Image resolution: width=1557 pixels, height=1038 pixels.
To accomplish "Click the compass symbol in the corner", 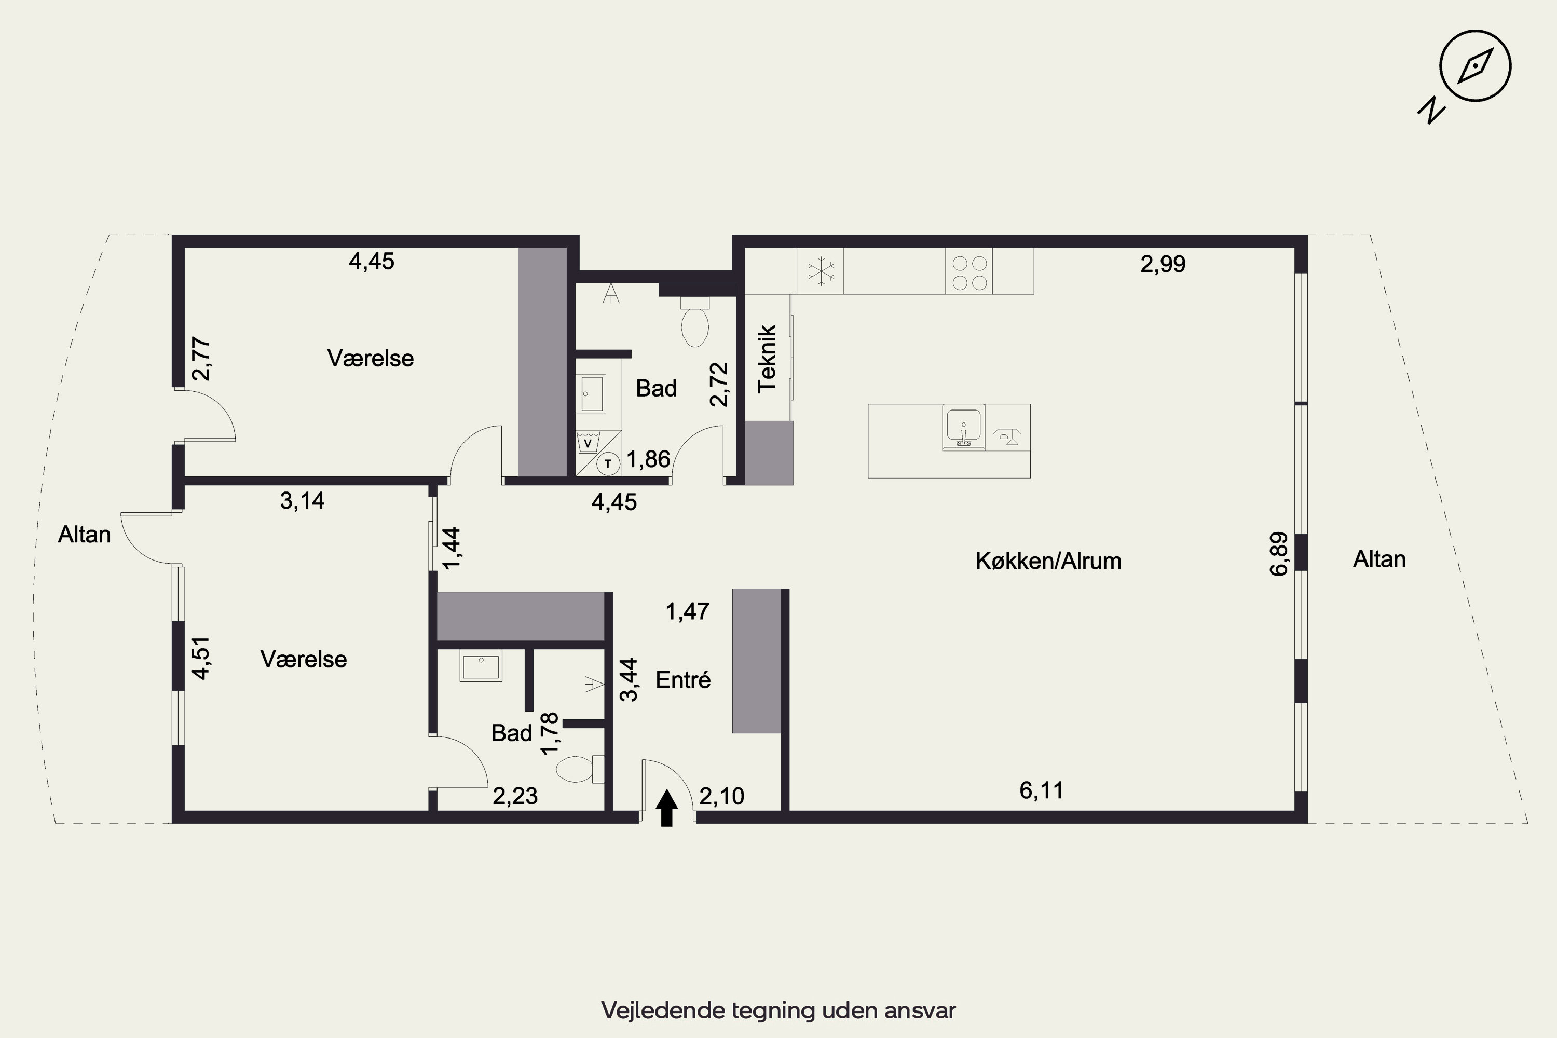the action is [x=1475, y=66].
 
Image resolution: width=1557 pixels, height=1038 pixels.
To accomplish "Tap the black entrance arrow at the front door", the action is [x=666, y=808].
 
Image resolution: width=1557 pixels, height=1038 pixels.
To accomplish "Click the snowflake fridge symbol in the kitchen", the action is [x=820, y=271].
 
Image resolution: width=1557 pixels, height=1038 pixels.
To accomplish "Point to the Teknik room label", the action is [x=767, y=359].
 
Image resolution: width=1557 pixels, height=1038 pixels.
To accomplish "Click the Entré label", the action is [x=683, y=680].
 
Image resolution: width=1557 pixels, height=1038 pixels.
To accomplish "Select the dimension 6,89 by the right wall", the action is [x=1279, y=554].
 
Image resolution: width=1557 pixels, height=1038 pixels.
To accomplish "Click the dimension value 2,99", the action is [x=1163, y=264].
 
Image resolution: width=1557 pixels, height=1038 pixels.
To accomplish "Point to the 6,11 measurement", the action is [x=1041, y=790].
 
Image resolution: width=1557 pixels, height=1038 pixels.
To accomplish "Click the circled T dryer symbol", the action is [x=608, y=464].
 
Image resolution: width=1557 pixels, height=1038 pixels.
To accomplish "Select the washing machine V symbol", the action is [x=587, y=442].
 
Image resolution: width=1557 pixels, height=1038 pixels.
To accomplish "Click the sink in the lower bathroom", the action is [x=481, y=666].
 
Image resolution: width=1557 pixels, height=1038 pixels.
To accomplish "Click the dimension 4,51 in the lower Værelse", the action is [x=200, y=658].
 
